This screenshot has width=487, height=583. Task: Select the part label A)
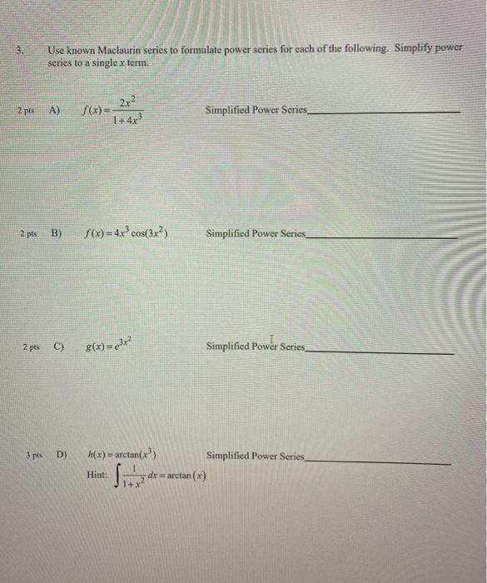[x=55, y=110]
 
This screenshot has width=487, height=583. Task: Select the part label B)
[x=57, y=234]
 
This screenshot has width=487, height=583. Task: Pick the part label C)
[x=57, y=346]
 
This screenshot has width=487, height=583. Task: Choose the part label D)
[x=61, y=456]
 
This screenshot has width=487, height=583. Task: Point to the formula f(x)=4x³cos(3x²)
[x=127, y=234]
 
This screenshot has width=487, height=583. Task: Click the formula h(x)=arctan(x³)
[x=122, y=456]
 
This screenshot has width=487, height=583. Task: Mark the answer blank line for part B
[x=382, y=237]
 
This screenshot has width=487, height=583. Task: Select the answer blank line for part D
[x=380, y=461]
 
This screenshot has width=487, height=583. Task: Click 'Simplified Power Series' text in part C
[x=256, y=346]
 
